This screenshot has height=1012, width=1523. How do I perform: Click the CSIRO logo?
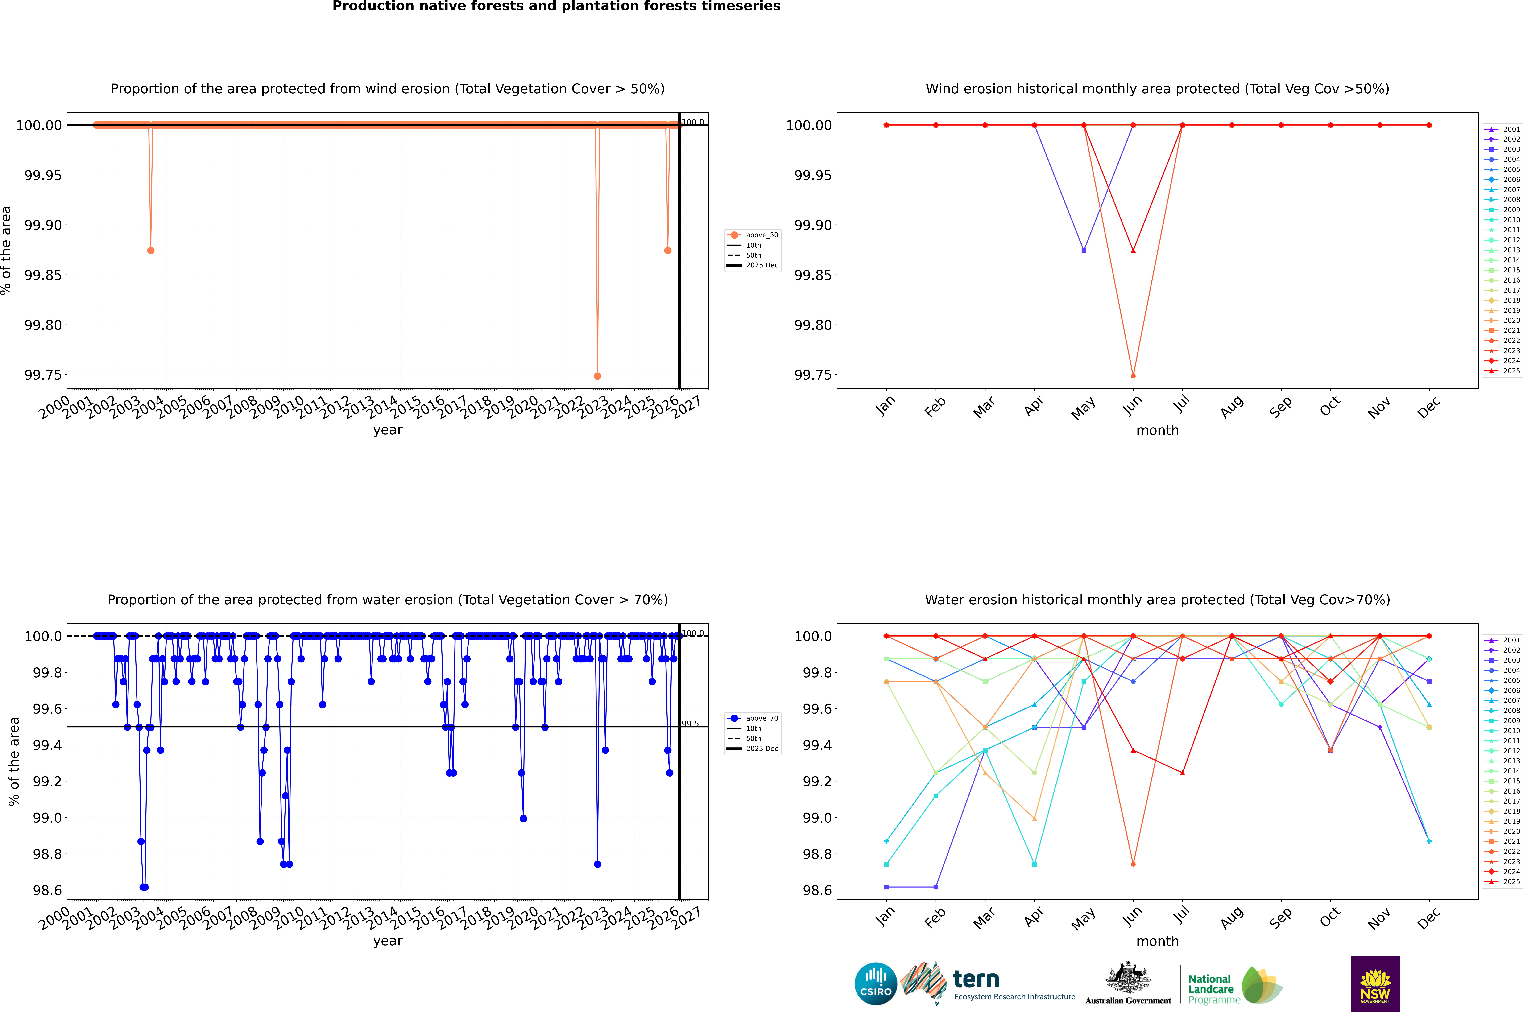click(875, 984)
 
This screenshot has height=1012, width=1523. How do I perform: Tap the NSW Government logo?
click(1375, 984)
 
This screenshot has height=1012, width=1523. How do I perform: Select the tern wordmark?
click(976, 980)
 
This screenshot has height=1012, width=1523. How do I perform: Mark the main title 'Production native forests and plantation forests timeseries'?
click(556, 6)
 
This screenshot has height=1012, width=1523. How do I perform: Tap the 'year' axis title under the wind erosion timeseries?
click(387, 430)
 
